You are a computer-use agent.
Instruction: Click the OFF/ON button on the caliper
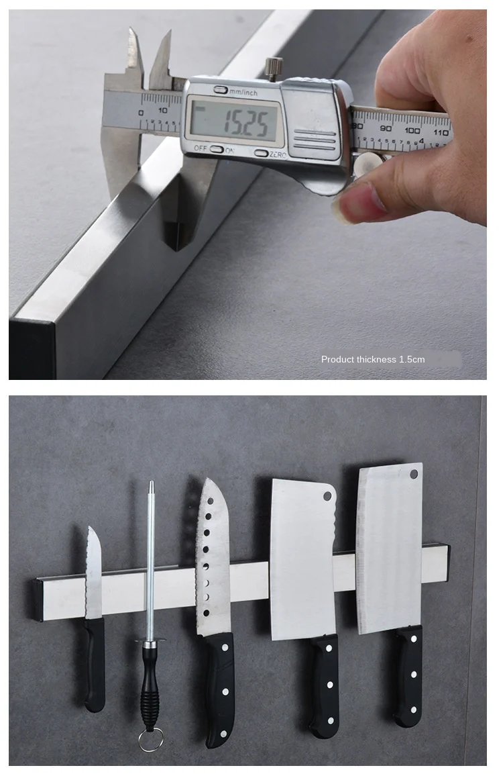click(217, 149)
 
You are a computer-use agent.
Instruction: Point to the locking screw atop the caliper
click(274, 66)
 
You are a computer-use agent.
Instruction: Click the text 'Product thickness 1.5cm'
click(373, 359)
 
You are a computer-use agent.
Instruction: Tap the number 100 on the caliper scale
click(412, 129)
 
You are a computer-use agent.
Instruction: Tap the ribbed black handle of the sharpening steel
click(149, 688)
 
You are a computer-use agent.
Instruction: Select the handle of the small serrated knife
click(95, 665)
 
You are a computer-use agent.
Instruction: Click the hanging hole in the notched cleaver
click(327, 497)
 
